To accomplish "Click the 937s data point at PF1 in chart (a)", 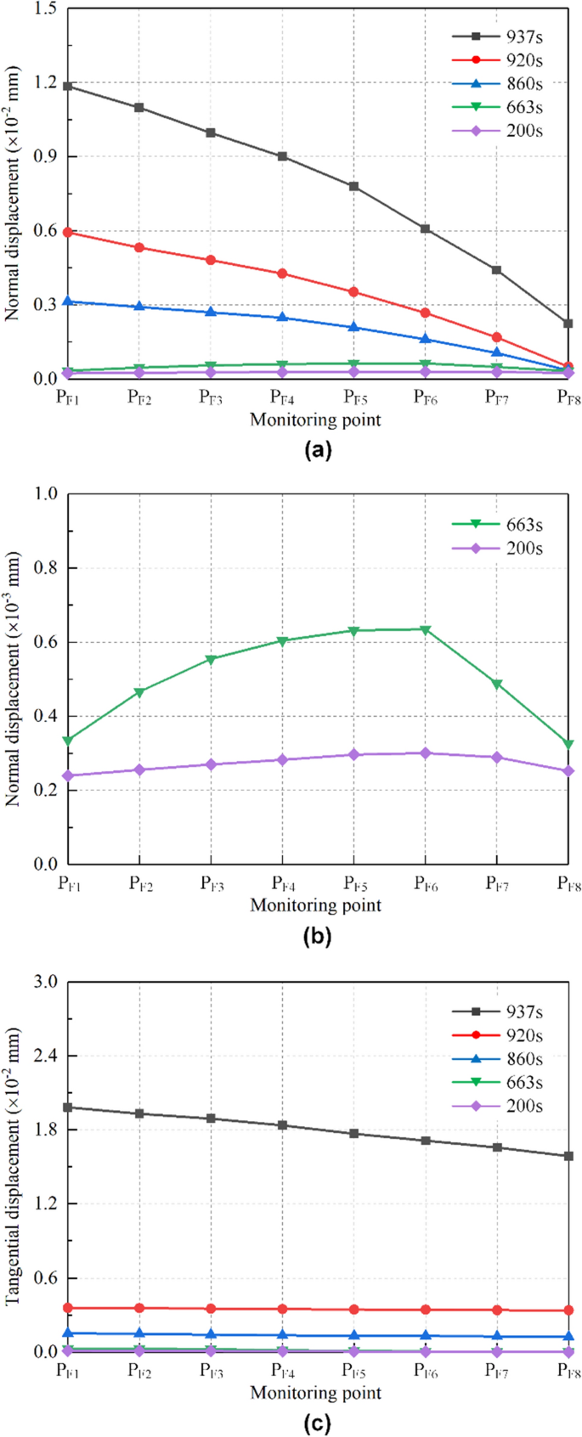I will [68, 86].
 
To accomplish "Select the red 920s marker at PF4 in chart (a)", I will [282, 273].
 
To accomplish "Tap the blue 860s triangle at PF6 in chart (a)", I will [425, 339].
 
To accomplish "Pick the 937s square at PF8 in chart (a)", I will [568, 324].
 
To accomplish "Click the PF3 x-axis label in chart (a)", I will [211, 397].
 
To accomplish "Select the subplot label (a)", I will [317, 450].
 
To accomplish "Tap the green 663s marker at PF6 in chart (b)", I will [425, 629].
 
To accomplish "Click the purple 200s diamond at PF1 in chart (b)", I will [68, 775].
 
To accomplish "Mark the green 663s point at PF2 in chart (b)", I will [139, 692].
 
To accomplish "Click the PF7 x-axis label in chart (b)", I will [497, 883].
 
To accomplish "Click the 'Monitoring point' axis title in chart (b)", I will [315, 905].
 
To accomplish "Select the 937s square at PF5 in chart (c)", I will [353, 1133].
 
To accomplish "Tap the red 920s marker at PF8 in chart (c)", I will [568, 1310].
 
